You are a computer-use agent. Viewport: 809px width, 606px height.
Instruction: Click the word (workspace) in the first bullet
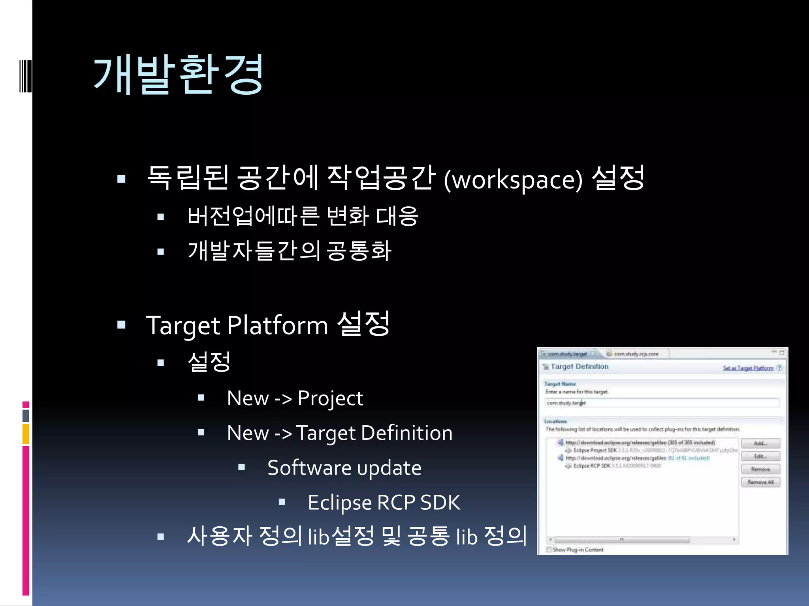513,180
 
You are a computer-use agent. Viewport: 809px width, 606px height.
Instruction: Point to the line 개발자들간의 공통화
290,251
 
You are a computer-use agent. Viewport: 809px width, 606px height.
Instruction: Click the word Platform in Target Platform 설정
277,325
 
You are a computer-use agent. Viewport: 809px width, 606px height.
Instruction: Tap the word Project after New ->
330,398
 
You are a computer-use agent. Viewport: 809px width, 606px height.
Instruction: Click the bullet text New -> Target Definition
340,433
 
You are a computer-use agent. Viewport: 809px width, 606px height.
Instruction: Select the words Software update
344,468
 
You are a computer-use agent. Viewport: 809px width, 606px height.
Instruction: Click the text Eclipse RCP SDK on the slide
384,503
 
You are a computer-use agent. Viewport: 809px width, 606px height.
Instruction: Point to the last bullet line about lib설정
357,536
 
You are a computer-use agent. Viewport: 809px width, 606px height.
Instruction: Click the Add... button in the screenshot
760,443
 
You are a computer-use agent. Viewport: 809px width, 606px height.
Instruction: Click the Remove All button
760,482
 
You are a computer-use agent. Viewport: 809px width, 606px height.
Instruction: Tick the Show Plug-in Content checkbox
549,550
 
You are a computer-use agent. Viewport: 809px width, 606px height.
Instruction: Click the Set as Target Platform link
748,368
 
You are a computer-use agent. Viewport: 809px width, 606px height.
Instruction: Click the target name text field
662,403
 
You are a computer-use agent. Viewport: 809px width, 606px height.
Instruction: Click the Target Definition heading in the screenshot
579,367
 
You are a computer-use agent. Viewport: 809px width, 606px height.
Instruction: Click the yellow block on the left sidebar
26,434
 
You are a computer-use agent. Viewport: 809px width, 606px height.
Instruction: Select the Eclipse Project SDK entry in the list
595,450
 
